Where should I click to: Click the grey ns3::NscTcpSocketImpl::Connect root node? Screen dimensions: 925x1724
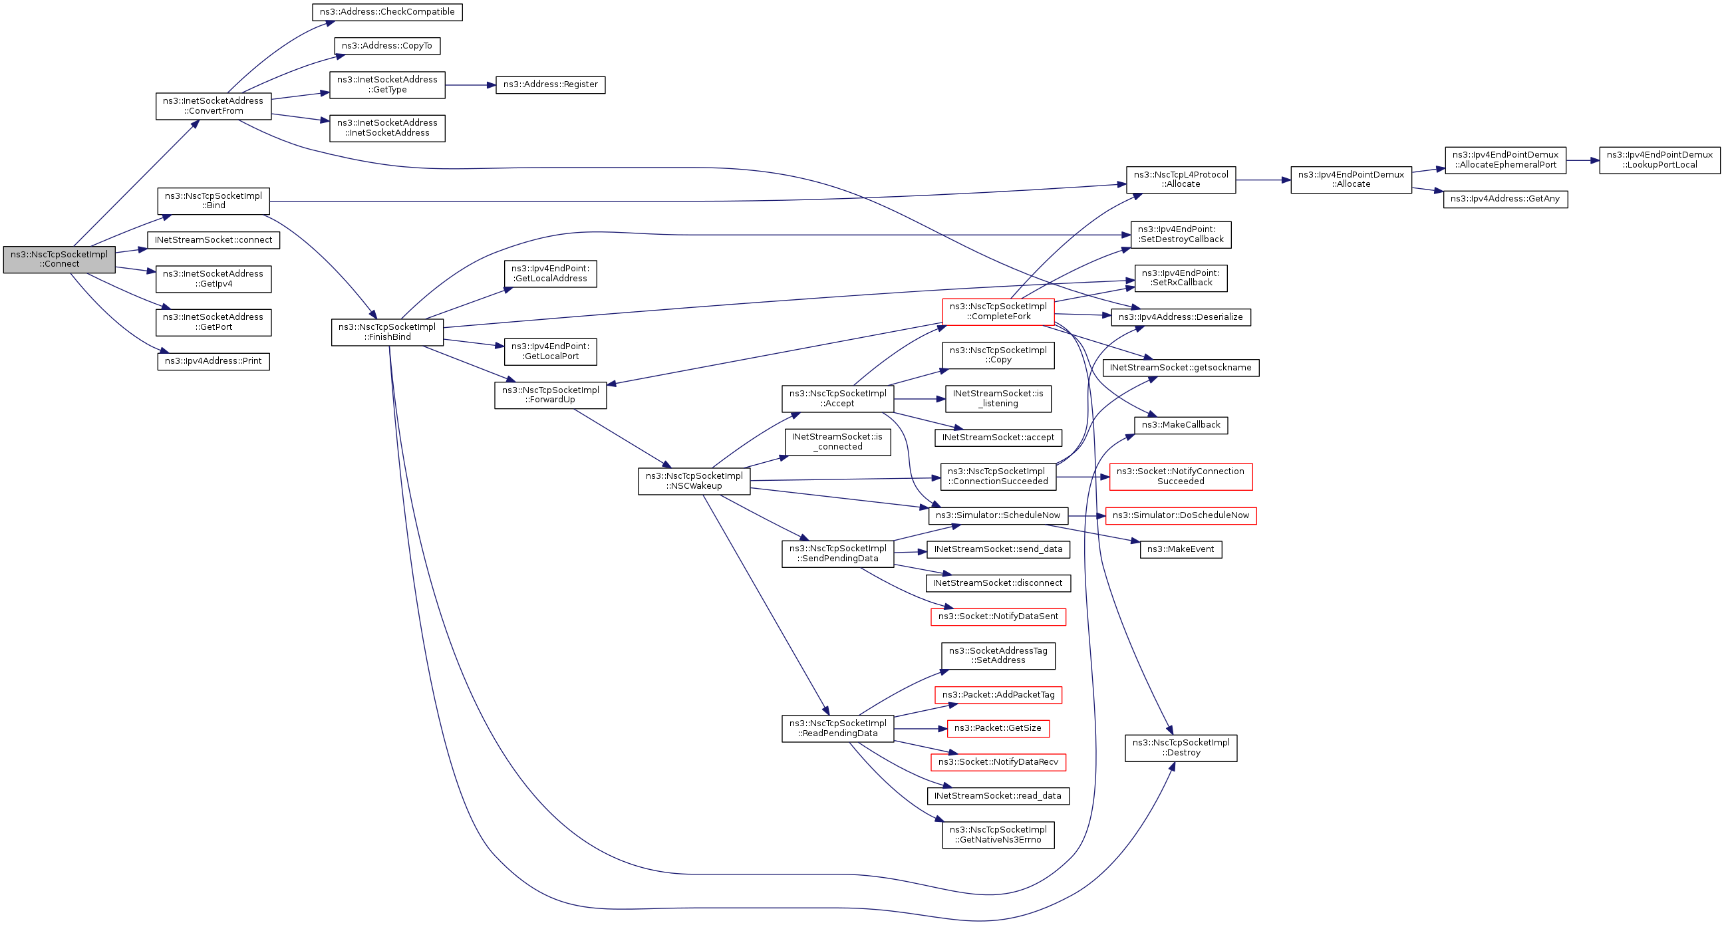(x=59, y=260)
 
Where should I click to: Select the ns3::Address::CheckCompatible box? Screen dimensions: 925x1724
(x=387, y=12)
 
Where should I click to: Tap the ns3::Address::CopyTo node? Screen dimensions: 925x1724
(x=387, y=46)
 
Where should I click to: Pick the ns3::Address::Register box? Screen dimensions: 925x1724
(x=550, y=85)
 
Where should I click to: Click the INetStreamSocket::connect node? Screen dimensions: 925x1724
(x=213, y=240)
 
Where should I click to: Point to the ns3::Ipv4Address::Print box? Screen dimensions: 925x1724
(x=213, y=362)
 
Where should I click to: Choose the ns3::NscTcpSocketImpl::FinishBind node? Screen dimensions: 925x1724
(x=387, y=332)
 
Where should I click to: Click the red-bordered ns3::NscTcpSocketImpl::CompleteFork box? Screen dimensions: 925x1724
(x=998, y=312)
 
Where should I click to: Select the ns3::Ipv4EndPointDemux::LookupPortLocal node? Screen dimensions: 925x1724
(x=1659, y=160)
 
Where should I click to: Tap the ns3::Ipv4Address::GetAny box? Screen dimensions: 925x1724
(x=1505, y=199)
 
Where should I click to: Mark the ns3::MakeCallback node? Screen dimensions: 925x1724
(x=1181, y=425)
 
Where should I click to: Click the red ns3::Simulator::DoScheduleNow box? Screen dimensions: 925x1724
(x=1181, y=515)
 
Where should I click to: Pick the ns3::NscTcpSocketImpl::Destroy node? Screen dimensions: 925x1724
(x=1181, y=747)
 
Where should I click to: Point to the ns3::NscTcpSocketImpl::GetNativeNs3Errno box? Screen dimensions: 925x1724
(x=998, y=835)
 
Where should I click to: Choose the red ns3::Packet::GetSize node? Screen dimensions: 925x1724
(x=998, y=728)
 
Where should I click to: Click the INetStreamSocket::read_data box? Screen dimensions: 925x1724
(x=998, y=796)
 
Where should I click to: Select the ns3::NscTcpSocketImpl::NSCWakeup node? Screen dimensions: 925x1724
(x=694, y=481)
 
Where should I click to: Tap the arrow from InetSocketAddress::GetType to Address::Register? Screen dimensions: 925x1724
(x=470, y=85)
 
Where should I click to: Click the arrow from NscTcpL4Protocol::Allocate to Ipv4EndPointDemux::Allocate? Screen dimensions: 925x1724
(x=1262, y=180)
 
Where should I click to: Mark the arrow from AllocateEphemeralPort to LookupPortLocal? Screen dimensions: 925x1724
(x=1582, y=160)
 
